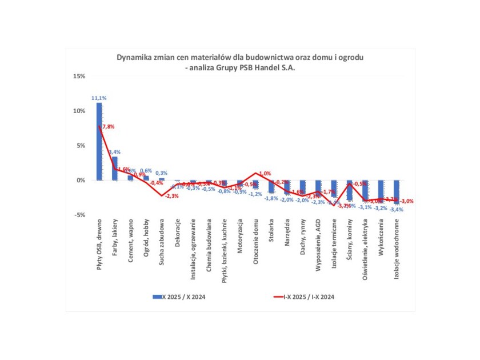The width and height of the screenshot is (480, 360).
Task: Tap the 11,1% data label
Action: pyautogui.click(x=99, y=98)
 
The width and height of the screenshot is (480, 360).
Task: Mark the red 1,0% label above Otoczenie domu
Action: pyautogui.click(x=265, y=173)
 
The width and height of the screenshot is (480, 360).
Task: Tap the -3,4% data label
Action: pyautogui.click(x=397, y=210)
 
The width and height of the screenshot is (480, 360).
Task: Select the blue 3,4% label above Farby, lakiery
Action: pyautogui.click(x=114, y=152)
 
